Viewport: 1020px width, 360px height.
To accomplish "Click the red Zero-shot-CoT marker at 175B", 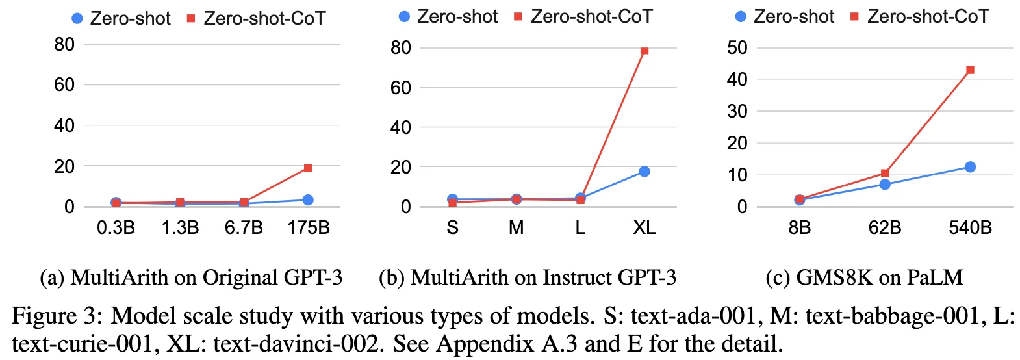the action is [x=308, y=168].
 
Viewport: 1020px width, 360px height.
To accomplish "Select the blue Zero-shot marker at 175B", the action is [x=308, y=199].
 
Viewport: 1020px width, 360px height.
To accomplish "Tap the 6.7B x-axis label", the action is [x=244, y=227].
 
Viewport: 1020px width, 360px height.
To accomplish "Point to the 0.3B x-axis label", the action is [x=116, y=227].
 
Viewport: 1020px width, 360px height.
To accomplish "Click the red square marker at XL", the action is [x=644, y=51].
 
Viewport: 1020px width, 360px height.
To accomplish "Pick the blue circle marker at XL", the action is [x=644, y=172].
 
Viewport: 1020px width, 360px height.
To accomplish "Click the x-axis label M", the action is [x=516, y=227].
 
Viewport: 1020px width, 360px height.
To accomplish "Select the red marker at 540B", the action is [x=970, y=70].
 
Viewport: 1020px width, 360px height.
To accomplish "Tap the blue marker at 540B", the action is [x=970, y=167].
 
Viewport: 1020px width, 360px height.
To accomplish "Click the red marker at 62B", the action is [x=885, y=173].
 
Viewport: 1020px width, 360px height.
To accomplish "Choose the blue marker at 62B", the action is [x=885, y=184].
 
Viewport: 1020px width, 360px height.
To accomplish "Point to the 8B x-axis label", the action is [x=800, y=227].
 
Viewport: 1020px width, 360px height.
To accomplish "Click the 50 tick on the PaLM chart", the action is [x=737, y=47].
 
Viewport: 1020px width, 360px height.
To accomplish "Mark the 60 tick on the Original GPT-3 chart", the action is [x=64, y=84].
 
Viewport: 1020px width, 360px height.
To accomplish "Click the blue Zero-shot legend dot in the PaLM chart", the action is [x=741, y=17].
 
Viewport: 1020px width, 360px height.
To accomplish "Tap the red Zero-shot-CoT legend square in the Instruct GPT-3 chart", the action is [x=518, y=17].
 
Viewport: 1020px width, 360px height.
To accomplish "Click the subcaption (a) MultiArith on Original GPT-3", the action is [x=191, y=277].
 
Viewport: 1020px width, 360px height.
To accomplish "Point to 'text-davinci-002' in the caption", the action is [x=296, y=344].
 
